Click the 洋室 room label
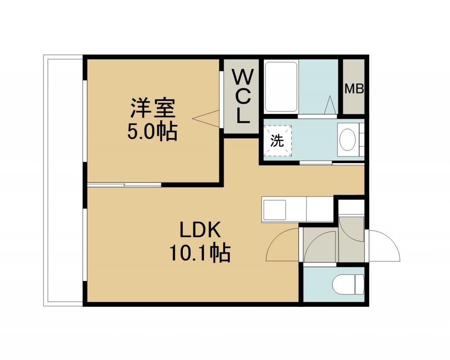pos(152,108)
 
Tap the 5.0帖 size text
pos(152,132)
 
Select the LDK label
pos(200,229)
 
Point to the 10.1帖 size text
pos(200,253)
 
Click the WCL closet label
pos(243,97)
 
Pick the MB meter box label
pos(354,89)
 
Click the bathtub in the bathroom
pos(281,87)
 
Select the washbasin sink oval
pos(348,140)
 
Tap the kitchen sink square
pos(274,210)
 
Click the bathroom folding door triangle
pos(330,105)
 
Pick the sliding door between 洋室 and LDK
pos(124,185)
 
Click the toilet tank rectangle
pos(359,284)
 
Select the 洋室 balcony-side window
pos(85,121)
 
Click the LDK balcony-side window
pos(85,245)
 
